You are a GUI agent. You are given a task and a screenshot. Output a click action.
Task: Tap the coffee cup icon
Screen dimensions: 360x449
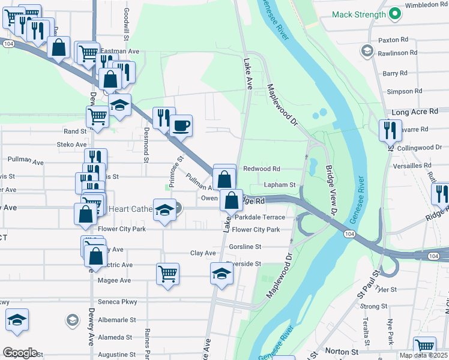click(x=181, y=126)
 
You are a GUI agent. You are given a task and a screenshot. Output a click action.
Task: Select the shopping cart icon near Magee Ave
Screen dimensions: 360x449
click(x=168, y=274)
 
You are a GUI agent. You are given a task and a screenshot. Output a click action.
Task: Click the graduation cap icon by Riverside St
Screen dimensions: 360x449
click(x=221, y=274)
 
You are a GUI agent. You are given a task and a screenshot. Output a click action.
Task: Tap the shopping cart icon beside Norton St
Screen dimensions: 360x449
click(x=424, y=347)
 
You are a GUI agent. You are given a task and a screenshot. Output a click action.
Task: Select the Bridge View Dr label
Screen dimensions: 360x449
click(x=330, y=190)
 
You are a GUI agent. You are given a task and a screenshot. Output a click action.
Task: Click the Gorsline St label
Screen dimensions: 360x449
click(x=246, y=247)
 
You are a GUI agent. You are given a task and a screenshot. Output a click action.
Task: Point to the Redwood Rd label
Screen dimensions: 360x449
click(x=262, y=169)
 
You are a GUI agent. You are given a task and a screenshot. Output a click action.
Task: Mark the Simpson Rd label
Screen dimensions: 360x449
click(x=400, y=92)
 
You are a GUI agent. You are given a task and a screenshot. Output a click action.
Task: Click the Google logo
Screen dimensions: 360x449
click(x=20, y=353)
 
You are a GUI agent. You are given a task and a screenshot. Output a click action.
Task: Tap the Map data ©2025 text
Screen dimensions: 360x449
click(x=423, y=355)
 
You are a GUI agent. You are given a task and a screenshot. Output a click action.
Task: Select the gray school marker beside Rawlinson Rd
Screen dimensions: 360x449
click(x=366, y=51)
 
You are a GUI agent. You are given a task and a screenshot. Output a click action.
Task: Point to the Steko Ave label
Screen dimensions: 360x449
click(x=72, y=145)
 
